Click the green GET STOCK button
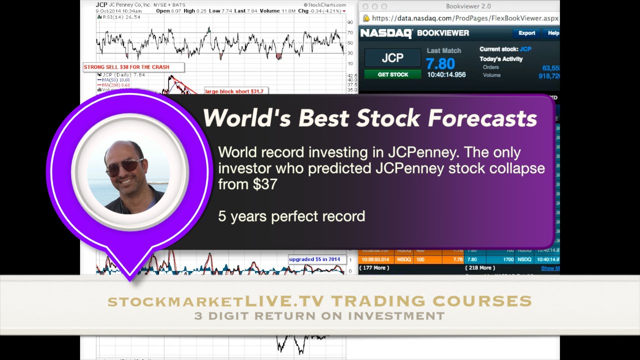click(x=392, y=74)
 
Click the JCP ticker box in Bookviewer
click(x=392, y=58)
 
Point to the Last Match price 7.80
click(x=440, y=63)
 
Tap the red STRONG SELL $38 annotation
click(x=127, y=67)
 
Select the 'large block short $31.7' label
click(x=234, y=91)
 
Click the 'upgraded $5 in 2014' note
click(x=314, y=259)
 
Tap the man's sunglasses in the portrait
click(x=124, y=166)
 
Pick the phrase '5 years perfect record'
click(x=291, y=216)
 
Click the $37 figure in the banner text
click(x=265, y=184)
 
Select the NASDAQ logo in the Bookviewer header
click(x=386, y=33)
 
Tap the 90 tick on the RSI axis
click(x=350, y=22)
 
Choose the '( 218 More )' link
click(x=480, y=268)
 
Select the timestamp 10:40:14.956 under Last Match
click(x=446, y=74)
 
